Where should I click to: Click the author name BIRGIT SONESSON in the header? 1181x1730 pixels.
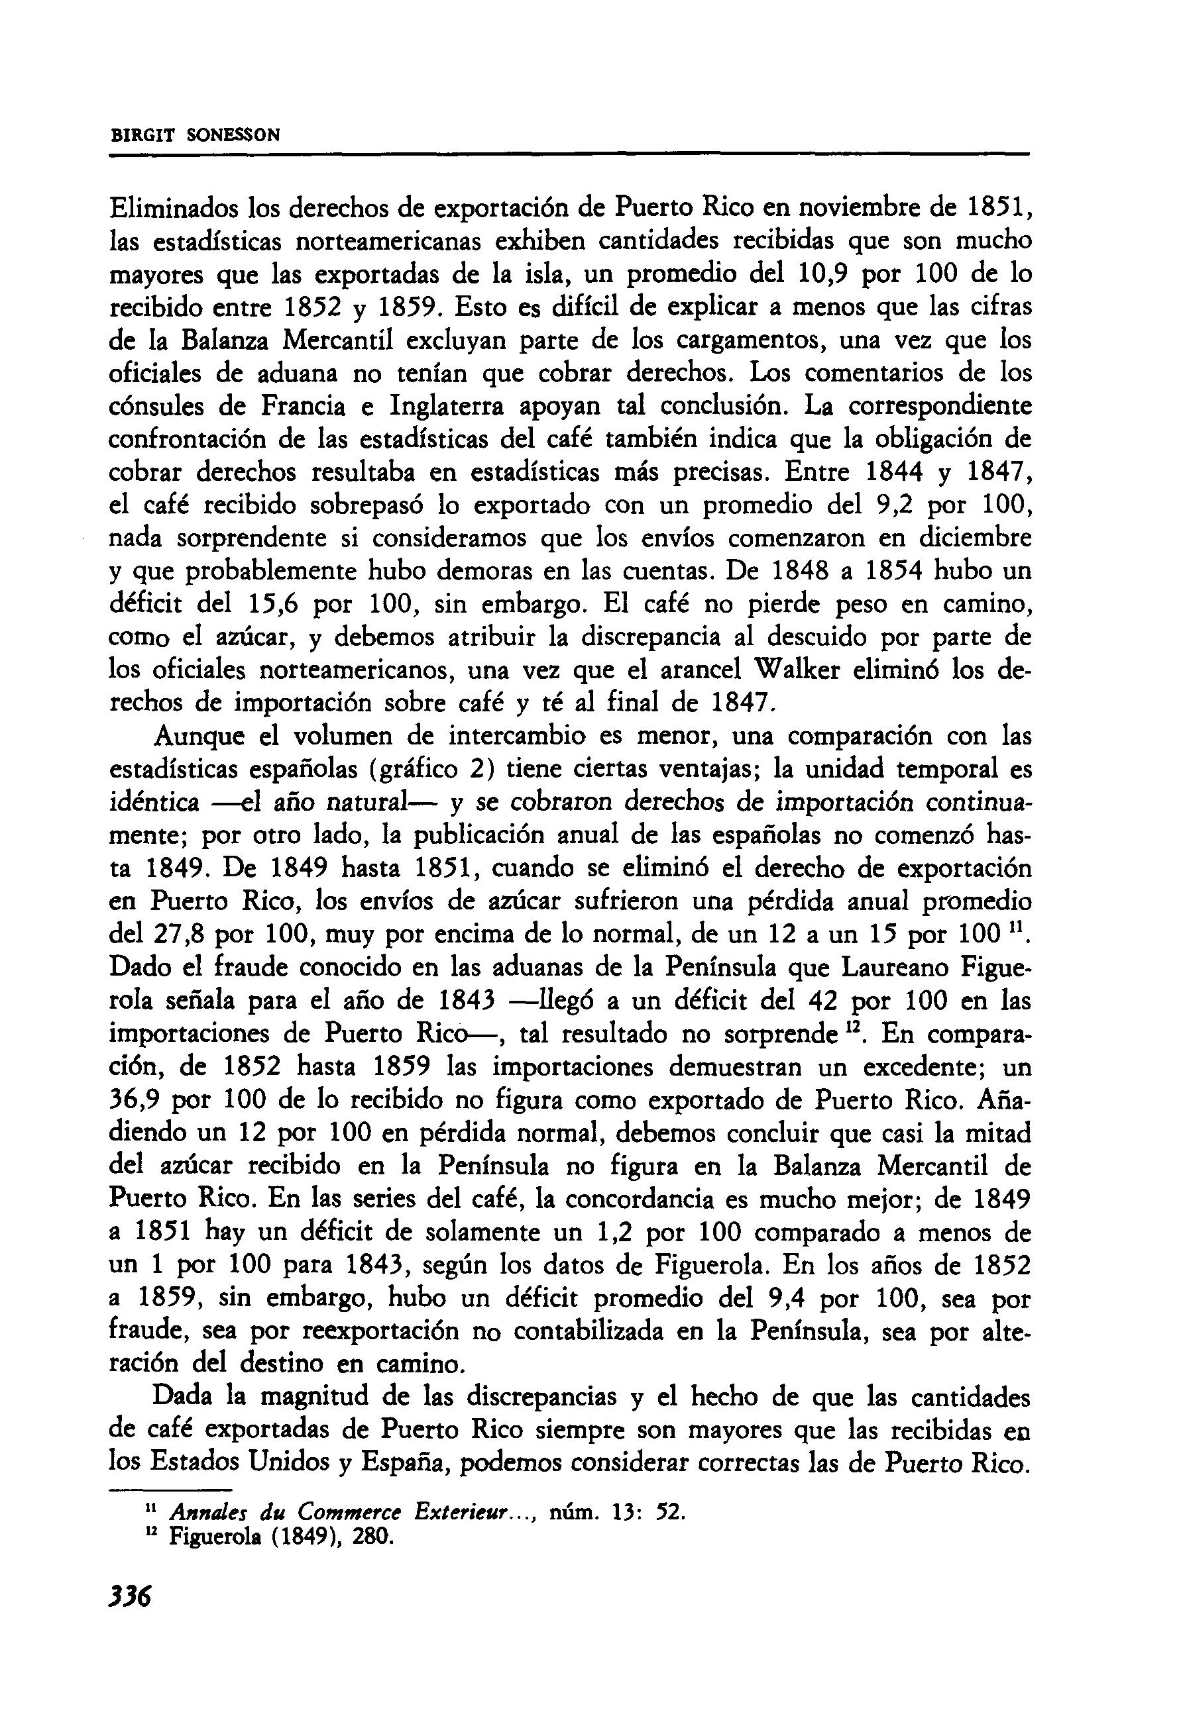coord(195,136)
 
